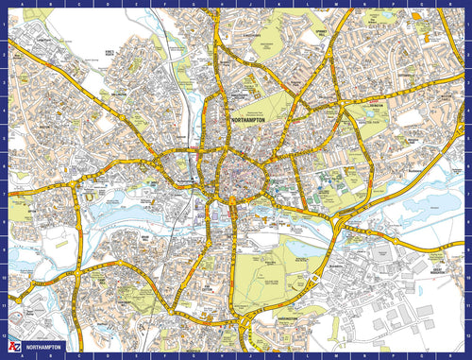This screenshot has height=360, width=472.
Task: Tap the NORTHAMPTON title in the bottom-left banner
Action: [x=48, y=348]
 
